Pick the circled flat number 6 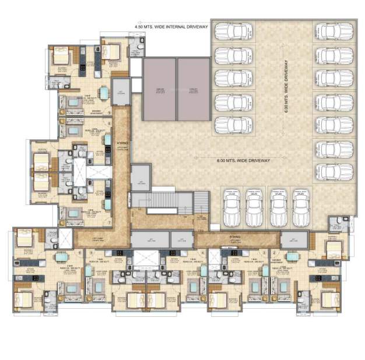click(x=79, y=252)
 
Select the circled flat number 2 click(x=274, y=252)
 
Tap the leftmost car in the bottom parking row click(x=231, y=204)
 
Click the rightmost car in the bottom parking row click(x=301, y=204)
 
